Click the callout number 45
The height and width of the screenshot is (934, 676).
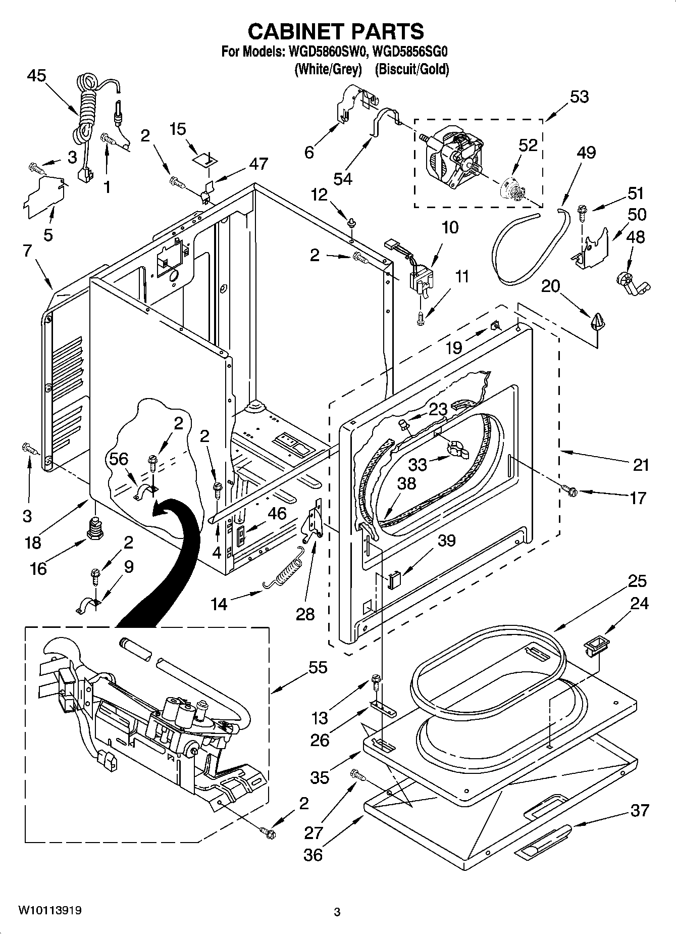click(36, 76)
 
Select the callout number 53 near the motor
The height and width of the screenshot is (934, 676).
click(579, 96)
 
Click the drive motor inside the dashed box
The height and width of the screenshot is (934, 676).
click(451, 154)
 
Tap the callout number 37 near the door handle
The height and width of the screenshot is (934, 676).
click(640, 811)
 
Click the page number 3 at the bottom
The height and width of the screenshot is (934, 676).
click(337, 912)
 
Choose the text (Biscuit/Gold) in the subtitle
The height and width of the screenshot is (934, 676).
click(411, 69)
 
